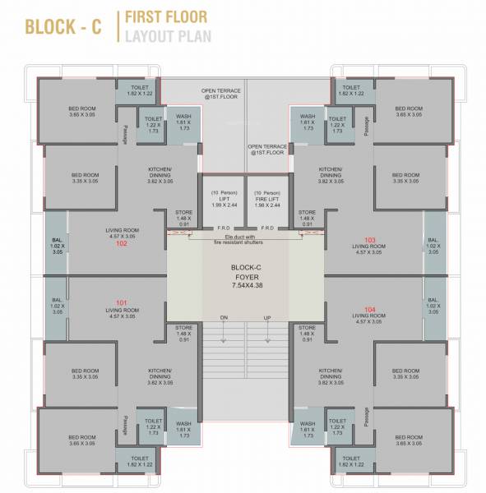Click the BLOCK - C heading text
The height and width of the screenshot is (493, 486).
pyautogui.click(x=63, y=25)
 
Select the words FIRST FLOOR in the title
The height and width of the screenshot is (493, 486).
pyautogui.click(x=166, y=16)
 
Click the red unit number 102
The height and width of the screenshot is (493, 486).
pyautogui.click(x=121, y=243)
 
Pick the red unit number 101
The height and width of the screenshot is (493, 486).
pyautogui.click(x=121, y=301)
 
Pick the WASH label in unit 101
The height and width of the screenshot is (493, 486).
pyautogui.click(x=183, y=429)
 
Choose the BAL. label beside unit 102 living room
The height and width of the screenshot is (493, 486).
pyautogui.click(x=56, y=247)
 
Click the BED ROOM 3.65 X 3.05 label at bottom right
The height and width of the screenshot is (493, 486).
pyautogui.click(x=408, y=440)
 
